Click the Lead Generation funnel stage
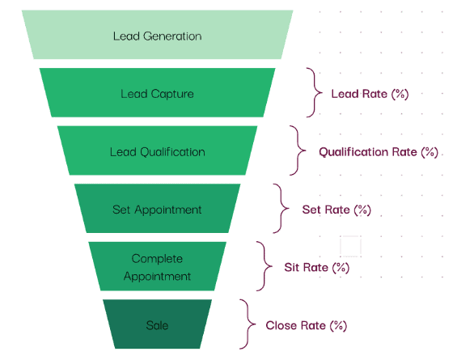(158, 35)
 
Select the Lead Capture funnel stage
(158, 93)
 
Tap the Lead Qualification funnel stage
(158, 150)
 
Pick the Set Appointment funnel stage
(158, 209)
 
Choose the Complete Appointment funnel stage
(158, 266)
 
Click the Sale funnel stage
(158, 324)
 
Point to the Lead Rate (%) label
(370, 94)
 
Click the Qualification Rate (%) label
(379, 152)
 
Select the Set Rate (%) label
(336, 210)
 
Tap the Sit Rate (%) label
(317, 267)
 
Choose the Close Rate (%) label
(307, 325)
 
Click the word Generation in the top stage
(172, 36)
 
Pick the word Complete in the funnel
(157, 259)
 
